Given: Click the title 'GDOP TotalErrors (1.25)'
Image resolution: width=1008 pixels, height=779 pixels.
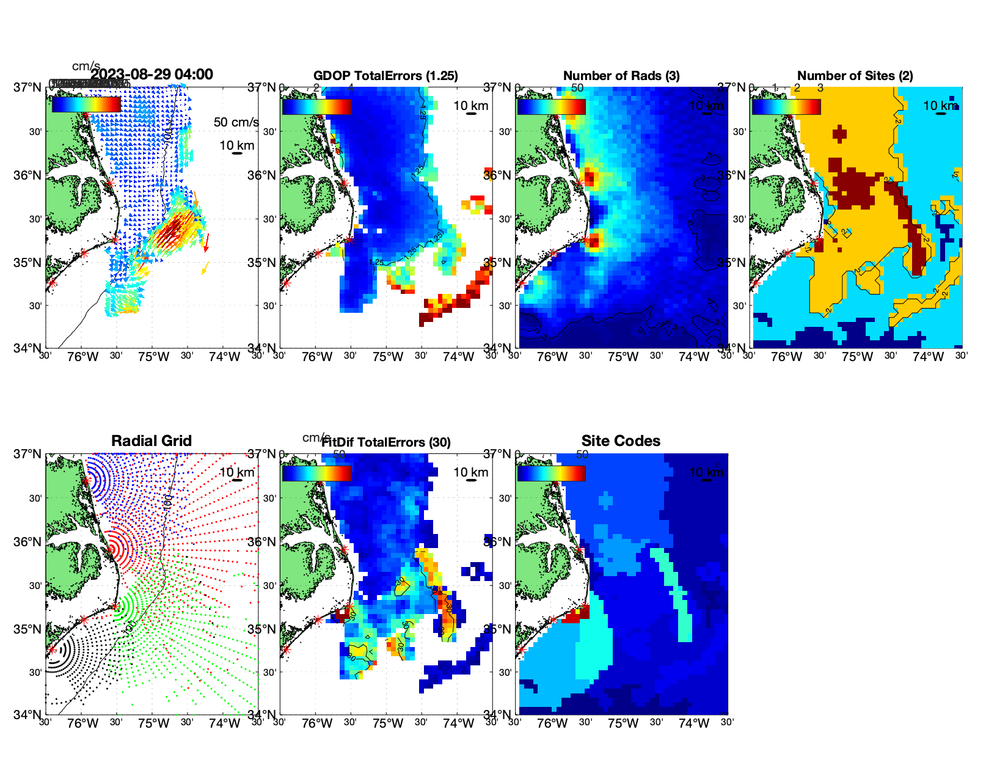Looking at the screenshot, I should tap(385, 76).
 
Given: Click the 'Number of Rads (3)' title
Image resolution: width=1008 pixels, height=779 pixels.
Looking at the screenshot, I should tap(621, 76).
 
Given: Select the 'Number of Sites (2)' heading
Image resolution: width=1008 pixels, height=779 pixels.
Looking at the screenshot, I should tap(855, 76).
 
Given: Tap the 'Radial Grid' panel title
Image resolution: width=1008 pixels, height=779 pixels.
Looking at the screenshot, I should tap(152, 441).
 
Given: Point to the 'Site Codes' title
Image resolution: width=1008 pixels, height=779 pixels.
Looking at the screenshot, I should tap(621, 441).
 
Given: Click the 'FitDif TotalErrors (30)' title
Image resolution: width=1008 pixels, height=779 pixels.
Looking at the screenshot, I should tap(386, 442).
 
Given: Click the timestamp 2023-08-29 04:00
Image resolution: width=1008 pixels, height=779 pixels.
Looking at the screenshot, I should tap(152, 75).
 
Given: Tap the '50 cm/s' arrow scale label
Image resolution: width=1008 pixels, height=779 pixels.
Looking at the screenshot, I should tap(236, 122).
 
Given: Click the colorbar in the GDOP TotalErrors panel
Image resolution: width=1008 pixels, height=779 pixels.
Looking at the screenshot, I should tap(316, 106).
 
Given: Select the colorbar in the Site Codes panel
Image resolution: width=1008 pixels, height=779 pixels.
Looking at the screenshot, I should tap(551, 473).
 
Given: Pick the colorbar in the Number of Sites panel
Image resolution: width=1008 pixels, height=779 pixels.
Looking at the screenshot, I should tap(786, 106).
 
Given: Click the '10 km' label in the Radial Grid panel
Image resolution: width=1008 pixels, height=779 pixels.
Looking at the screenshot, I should tap(236, 472).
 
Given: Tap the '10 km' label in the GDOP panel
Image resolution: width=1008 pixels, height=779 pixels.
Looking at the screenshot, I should tap(470, 106).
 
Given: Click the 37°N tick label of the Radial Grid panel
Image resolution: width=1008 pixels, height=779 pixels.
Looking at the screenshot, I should tap(28, 454).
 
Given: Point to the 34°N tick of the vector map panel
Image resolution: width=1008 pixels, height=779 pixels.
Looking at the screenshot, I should tap(28, 348).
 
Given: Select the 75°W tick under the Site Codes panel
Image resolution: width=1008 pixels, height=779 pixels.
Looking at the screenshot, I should tap(623, 723).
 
